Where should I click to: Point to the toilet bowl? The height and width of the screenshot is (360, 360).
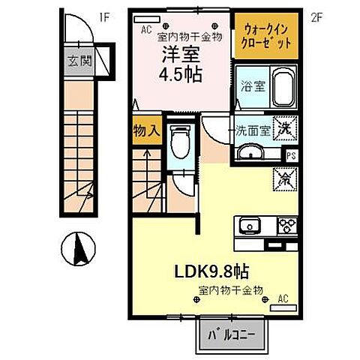pos(179,142)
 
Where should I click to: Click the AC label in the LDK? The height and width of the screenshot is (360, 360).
pos(283,298)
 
